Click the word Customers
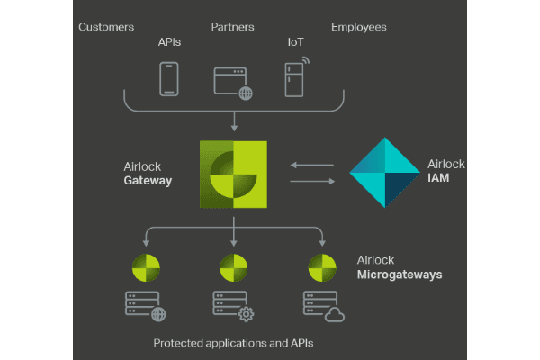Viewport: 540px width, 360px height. click(x=106, y=27)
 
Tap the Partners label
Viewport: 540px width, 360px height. click(x=233, y=27)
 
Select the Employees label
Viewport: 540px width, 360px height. click(x=359, y=27)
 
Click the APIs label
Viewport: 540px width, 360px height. click(x=171, y=41)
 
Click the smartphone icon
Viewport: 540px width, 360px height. click(x=169, y=78)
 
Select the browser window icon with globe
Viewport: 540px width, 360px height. click(x=233, y=81)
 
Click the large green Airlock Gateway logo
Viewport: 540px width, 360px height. click(x=234, y=174)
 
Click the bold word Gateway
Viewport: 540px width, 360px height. click(x=148, y=180)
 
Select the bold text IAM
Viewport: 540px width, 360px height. click(x=440, y=180)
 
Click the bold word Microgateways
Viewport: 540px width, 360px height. click(x=400, y=274)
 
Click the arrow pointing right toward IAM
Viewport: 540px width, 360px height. click(x=311, y=182)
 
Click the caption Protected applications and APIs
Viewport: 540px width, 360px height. click(x=233, y=343)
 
